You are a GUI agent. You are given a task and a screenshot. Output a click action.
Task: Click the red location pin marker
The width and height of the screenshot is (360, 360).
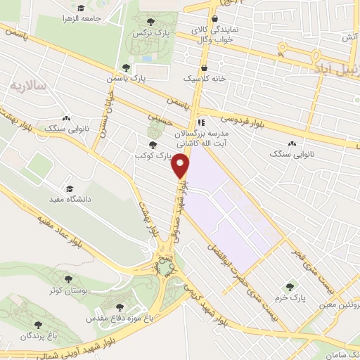coord(181,166)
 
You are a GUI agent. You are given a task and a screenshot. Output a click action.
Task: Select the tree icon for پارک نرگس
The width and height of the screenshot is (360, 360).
coord(153,22)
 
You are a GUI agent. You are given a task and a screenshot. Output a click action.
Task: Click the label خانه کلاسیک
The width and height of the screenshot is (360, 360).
coord(205,79)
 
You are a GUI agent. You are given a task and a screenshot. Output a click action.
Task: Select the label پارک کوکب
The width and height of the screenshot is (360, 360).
coord(153,154)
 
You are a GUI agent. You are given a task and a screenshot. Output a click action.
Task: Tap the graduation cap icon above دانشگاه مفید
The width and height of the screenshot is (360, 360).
coord(69,188)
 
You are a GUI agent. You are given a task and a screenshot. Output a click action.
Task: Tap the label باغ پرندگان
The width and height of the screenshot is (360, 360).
coord(37,336)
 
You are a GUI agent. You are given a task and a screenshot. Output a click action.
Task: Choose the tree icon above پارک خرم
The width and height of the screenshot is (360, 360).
coord(290,287)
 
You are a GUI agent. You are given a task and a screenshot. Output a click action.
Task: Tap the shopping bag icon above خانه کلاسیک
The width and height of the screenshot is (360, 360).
coord(205,67)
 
